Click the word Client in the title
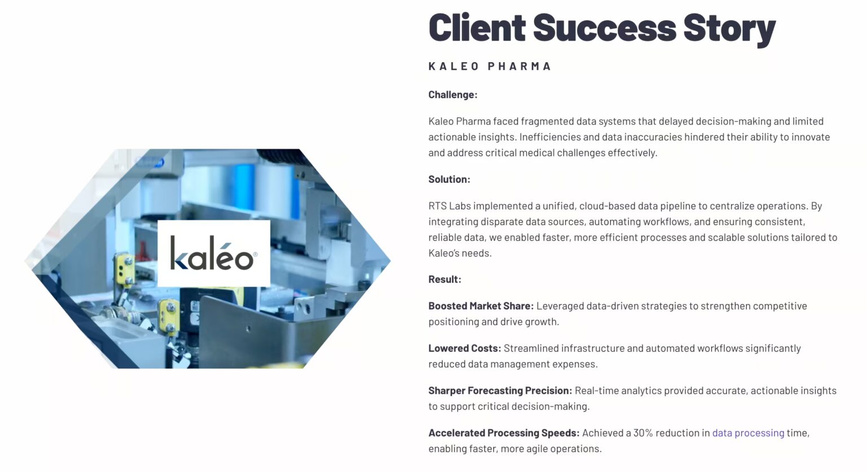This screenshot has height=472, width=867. pyautogui.click(x=477, y=28)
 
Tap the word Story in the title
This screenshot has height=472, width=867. pyautogui.click(x=729, y=28)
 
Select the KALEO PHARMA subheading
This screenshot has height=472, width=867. pyautogui.click(x=489, y=67)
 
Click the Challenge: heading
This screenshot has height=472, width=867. pyautogui.click(x=453, y=95)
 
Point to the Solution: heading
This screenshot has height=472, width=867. pyautogui.click(x=449, y=180)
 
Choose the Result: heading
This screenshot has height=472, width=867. pyautogui.click(x=444, y=279)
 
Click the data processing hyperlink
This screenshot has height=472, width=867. pyautogui.click(x=748, y=433)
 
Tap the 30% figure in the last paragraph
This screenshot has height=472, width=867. pyautogui.click(x=643, y=433)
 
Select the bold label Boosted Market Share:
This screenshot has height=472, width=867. pyautogui.click(x=480, y=306)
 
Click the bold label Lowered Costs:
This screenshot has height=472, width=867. pyautogui.click(x=465, y=348)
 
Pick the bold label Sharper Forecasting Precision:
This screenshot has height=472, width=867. pyautogui.click(x=500, y=391)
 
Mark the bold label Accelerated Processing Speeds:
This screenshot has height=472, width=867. pyautogui.click(x=503, y=433)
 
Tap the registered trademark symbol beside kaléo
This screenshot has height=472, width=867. pyautogui.click(x=256, y=254)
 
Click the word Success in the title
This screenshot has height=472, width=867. pyautogui.click(x=604, y=28)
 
